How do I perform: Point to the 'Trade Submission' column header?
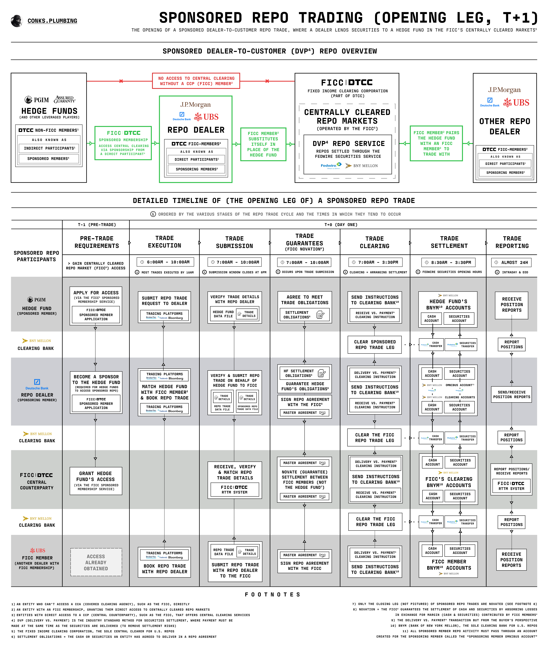pos(235,242)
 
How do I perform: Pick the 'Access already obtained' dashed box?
pos(96,562)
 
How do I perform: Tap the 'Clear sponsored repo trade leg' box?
pos(375,345)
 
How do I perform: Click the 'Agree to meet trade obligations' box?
pos(304,307)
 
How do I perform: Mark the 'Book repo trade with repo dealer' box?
pos(164,562)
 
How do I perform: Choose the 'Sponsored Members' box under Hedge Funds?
pos(48,159)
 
